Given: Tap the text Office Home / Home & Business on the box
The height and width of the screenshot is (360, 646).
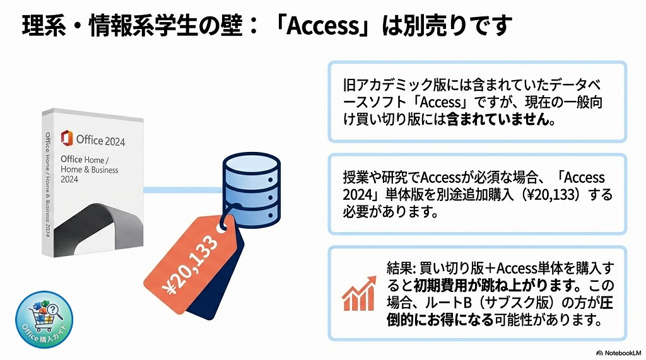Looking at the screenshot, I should tap(89, 165).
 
